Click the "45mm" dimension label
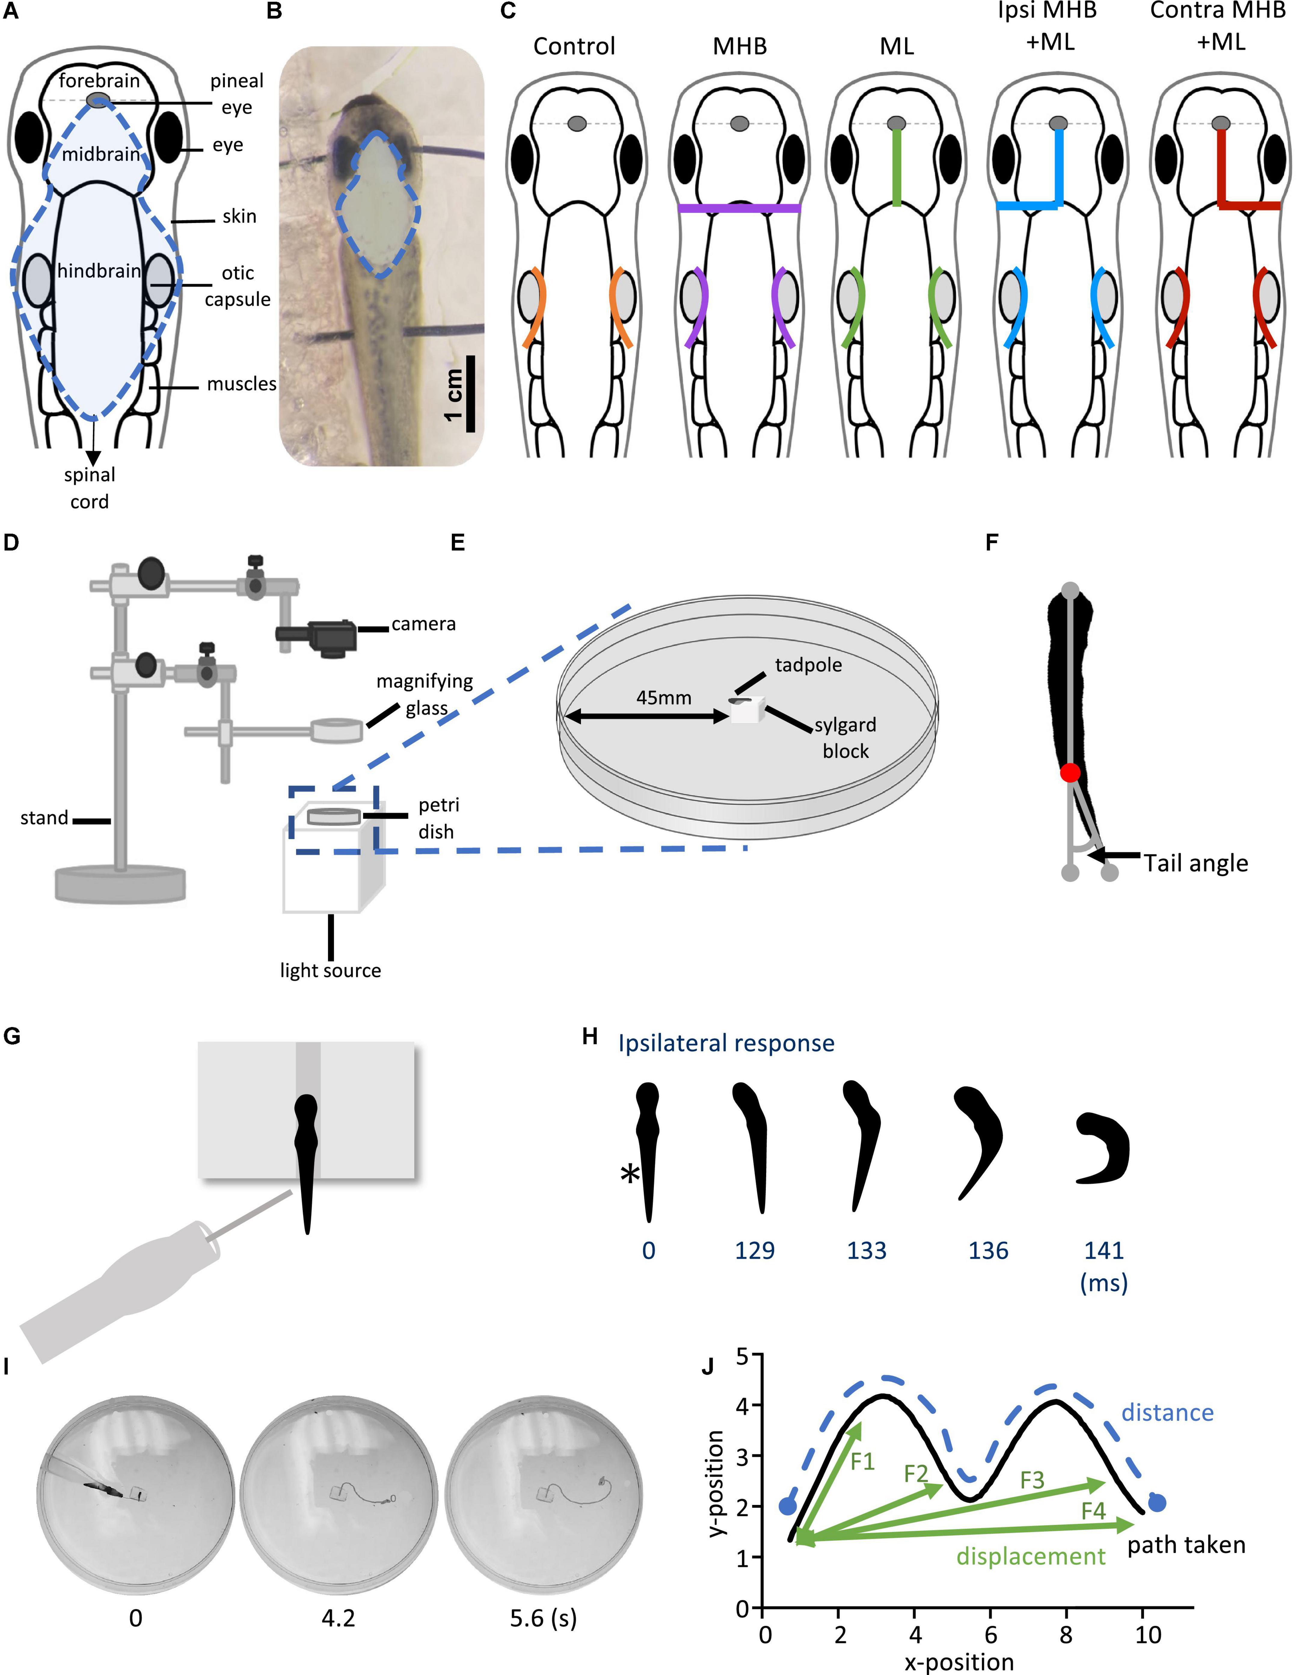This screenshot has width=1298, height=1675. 664,698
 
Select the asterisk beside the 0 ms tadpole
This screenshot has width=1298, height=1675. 630,1173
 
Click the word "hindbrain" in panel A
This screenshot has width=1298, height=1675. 99,271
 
